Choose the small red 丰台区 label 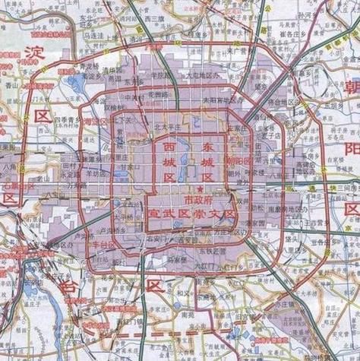click(x=103, y=245)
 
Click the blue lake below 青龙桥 click(x=76, y=82)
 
